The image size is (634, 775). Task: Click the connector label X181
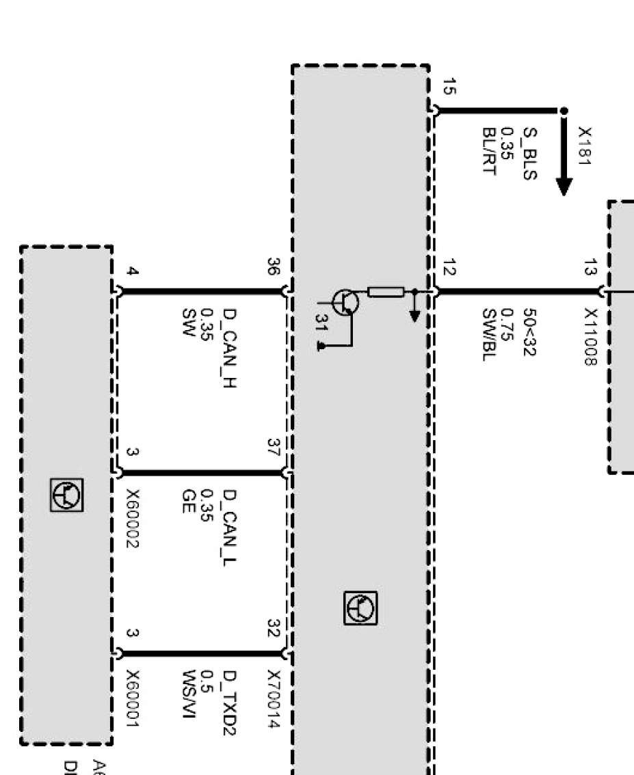[585, 145]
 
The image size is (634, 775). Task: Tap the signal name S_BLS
[529, 153]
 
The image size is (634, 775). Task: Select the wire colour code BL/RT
[488, 150]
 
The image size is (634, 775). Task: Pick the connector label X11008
[590, 335]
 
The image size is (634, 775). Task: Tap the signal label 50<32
[529, 332]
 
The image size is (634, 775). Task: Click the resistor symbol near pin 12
[386, 292]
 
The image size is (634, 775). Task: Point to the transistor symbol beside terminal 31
[346, 301]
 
